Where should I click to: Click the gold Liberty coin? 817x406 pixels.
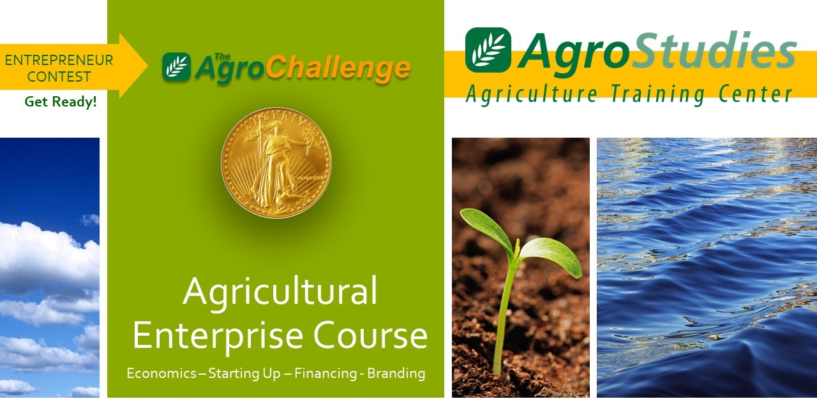click(276, 163)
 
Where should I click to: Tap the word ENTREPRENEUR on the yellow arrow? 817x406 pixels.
click(59, 60)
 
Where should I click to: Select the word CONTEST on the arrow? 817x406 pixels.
click(59, 77)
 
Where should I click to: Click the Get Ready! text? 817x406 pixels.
click(61, 101)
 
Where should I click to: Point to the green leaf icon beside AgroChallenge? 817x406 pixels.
click(177, 67)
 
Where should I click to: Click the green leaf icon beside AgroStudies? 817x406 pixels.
click(488, 50)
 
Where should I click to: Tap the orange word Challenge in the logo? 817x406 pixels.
click(338, 69)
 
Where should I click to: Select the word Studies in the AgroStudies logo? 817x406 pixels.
click(714, 51)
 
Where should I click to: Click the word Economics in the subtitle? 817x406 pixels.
click(161, 373)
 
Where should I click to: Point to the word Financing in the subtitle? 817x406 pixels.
click(326, 373)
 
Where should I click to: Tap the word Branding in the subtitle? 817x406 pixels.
click(396, 373)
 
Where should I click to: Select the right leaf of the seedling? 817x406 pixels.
click(551, 257)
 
